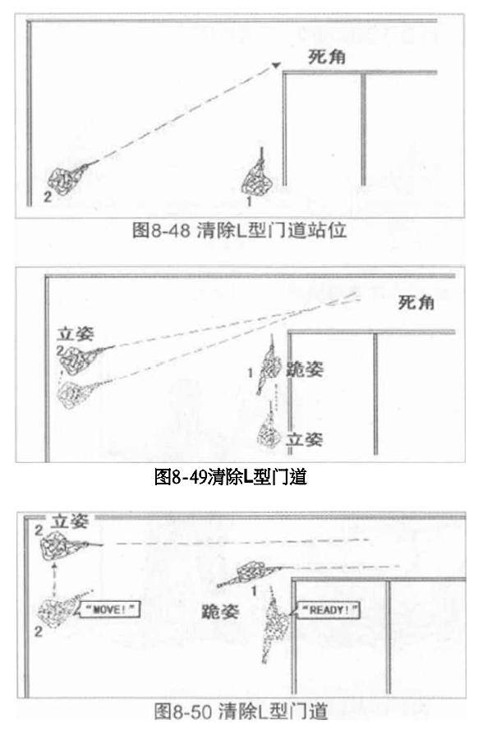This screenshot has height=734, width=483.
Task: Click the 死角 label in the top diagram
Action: [x=327, y=57]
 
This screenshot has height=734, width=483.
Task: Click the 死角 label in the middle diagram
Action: [x=416, y=302]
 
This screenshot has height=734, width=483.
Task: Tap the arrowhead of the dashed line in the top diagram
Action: [x=276, y=66]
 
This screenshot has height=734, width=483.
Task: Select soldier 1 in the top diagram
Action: [x=256, y=177]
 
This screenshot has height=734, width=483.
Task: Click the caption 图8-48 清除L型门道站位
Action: [x=239, y=230]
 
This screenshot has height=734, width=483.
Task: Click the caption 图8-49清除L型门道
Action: [x=231, y=477]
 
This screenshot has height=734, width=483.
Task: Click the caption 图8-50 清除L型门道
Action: [x=241, y=712]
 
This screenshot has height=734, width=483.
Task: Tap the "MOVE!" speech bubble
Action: [x=108, y=609]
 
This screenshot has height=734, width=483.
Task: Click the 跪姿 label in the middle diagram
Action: [x=305, y=369]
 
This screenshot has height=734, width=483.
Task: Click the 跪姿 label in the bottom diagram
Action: [x=220, y=612]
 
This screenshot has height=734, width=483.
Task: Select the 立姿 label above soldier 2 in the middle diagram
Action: [x=76, y=334]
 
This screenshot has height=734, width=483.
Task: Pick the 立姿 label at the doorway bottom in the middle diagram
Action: [x=305, y=439]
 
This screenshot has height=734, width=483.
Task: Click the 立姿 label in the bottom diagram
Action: [x=69, y=521]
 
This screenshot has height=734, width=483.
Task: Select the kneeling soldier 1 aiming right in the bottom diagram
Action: [x=251, y=572]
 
